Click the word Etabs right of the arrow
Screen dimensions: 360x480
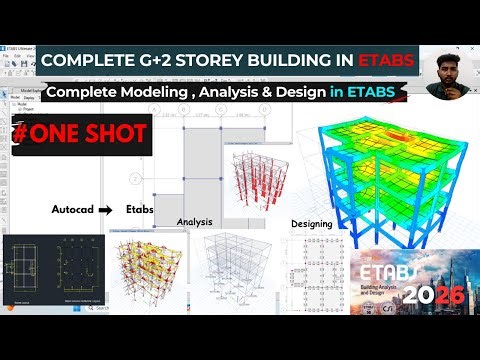[x=139, y=211]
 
